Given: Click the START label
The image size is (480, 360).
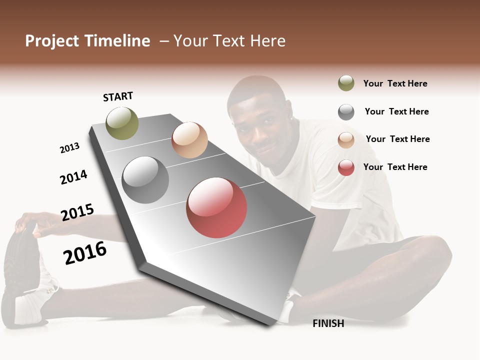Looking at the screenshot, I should [118, 96].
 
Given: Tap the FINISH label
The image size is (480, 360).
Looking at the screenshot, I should [328, 323].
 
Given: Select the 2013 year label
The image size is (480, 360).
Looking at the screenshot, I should [69, 148].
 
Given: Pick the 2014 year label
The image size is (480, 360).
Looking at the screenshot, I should [73, 177].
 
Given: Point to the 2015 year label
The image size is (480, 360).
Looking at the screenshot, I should [77, 212].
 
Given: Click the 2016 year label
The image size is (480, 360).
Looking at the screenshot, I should [85, 252].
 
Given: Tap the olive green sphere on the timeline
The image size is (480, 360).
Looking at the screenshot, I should [122, 123].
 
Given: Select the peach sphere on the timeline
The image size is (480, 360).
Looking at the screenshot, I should [189, 140].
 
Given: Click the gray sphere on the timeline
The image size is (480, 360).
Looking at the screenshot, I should [145, 180].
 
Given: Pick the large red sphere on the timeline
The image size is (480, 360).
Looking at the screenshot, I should [216, 207].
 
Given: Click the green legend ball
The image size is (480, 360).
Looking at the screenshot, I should [346, 83].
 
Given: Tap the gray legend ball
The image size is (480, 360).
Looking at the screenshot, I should [346, 112].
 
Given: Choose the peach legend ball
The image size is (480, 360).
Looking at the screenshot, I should [346, 140].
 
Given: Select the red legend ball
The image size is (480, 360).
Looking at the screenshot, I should [346, 167].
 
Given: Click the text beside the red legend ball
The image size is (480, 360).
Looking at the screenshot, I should [395, 167].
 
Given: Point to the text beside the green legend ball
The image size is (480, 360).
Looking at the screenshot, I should [395, 83].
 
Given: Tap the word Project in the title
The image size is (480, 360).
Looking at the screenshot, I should [52, 41].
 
